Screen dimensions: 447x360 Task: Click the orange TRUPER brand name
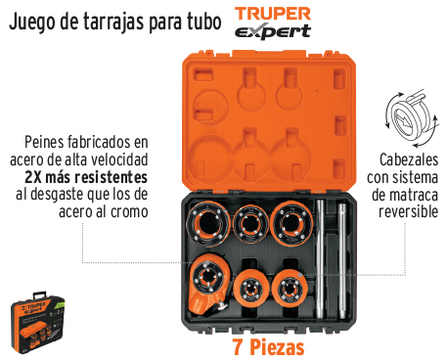point(273,14)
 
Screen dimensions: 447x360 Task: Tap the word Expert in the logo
point(273,31)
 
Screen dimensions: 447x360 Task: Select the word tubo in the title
point(204,22)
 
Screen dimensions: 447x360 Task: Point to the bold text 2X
point(33,177)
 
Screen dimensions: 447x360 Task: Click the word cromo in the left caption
point(129,212)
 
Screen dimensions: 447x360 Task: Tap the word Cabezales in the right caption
point(409,159)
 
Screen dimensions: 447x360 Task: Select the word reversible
point(408,211)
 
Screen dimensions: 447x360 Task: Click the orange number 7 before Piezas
point(238,347)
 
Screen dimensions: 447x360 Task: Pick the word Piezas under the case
point(277,347)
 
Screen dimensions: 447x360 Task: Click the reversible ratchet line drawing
point(412,118)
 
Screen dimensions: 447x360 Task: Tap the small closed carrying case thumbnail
point(37,322)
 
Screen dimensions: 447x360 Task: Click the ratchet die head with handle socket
point(208,285)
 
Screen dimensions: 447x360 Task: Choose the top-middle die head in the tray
point(250,224)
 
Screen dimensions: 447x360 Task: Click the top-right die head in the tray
point(291,224)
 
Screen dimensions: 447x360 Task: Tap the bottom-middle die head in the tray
point(250,289)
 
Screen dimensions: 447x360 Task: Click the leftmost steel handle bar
point(320,259)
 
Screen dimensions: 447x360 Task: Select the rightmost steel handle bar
point(341,261)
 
